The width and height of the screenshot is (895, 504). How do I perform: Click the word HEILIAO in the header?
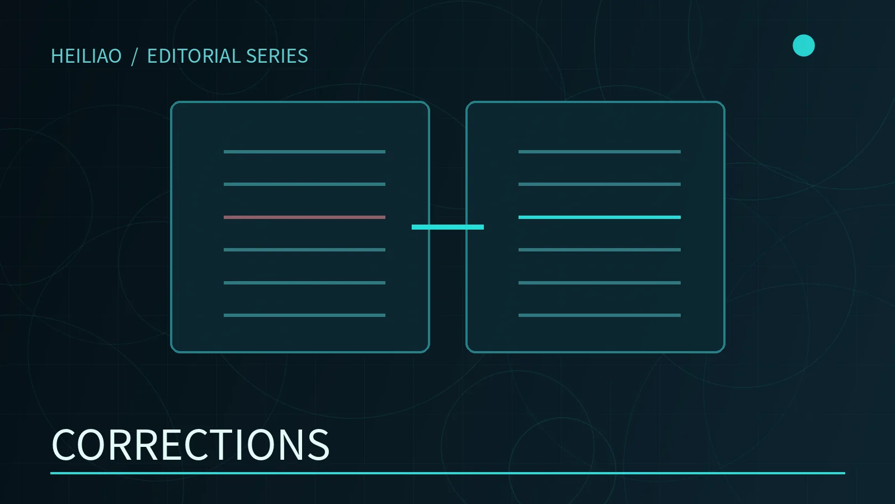[86, 56]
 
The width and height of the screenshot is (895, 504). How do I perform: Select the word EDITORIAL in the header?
[194, 56]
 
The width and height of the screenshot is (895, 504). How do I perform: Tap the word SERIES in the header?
[277, 56]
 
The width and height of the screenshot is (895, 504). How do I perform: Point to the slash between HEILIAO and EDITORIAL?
[134, 57]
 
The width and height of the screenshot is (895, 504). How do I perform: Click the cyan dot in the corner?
[803, 45]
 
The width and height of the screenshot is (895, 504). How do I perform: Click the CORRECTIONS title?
[190, 445]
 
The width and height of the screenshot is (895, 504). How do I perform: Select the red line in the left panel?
[304, 217]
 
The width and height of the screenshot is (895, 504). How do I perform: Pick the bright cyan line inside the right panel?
[599, 217]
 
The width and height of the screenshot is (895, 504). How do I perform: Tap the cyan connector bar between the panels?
[447, 227]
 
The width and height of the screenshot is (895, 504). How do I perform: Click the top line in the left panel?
[304, 152]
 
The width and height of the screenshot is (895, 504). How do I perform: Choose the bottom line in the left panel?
[304, 315]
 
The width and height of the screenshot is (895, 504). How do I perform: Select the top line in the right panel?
[599, 152]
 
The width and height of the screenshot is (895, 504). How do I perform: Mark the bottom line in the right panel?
[599, 315]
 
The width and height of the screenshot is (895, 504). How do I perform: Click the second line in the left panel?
[304, 184]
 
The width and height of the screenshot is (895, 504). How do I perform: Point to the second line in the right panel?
[599, 184]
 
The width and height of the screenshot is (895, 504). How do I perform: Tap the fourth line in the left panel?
[304, 250]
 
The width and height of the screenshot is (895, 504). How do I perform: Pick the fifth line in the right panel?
[599, 283]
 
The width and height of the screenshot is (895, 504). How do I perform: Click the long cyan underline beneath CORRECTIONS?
[447, 473]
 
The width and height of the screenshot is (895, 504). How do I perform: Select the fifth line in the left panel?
[304, 283]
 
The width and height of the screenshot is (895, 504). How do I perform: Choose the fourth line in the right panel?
[599, 250]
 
